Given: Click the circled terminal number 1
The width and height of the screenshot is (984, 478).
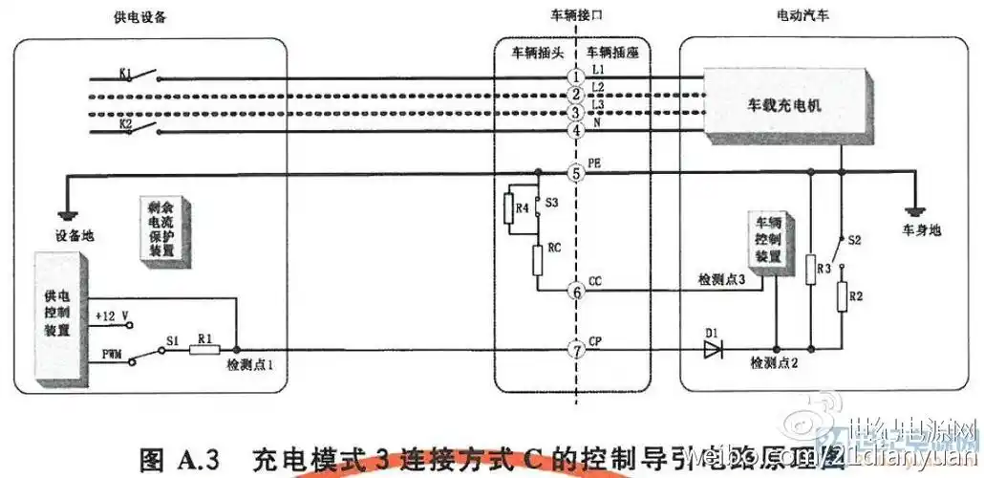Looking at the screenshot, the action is (x=575, y=76).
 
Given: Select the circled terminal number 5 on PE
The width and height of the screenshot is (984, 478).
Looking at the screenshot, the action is (x=575, y=174).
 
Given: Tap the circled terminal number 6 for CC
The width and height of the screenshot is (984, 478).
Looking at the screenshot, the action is (x=575, y=291).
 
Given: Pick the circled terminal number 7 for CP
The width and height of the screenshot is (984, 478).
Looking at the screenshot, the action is (x=575, y=350).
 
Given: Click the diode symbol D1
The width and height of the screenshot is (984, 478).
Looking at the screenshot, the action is (x=713, y=350).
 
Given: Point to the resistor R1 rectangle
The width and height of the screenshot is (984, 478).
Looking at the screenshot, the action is (x=204, y=350).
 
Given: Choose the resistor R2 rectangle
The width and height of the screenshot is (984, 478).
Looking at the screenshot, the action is (x=842, y=296).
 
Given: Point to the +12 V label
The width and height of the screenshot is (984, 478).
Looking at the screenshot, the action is (x=114, y=314).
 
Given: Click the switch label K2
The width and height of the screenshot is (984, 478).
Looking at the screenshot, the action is (x=125, y=124).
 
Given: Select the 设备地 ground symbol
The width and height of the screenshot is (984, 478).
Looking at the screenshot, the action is (x=66, y=214).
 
